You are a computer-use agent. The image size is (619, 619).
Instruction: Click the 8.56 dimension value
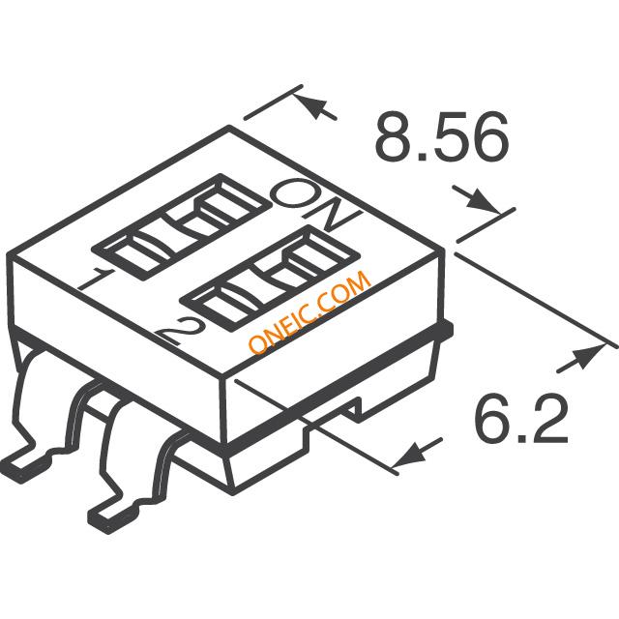441,140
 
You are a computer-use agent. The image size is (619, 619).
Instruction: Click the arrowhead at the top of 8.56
311,104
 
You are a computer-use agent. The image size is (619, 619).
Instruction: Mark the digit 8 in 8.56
393,140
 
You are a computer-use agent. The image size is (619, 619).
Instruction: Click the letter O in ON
293,192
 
